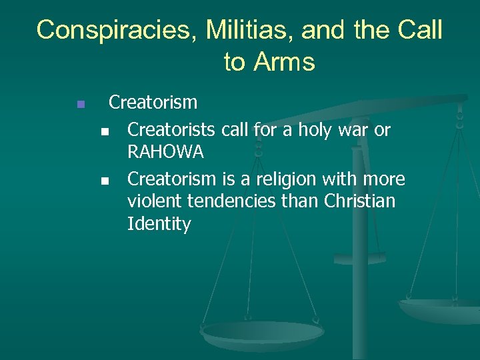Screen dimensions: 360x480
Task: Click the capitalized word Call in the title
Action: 419,30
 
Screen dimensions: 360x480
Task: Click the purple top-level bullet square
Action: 80,104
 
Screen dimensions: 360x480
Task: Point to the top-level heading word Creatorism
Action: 153,102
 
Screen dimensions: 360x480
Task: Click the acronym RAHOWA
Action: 165,153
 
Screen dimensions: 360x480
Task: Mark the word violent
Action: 153,201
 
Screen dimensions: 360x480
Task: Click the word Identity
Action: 159,225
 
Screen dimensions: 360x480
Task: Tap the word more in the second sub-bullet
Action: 383,179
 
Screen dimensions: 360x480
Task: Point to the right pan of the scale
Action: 440,308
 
